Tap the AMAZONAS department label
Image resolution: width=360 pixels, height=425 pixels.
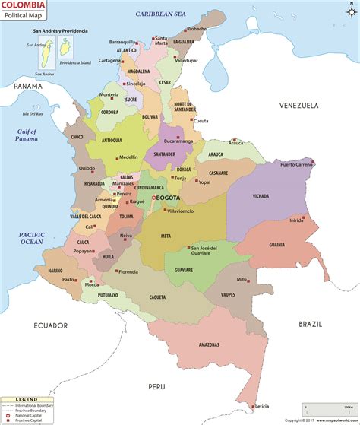[209, 344]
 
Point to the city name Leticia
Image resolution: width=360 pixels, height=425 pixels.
[261, 405]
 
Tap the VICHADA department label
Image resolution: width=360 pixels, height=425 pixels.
[261, 196]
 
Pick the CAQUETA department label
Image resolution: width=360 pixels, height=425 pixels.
[157, 297]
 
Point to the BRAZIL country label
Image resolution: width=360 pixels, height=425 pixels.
[310, 323]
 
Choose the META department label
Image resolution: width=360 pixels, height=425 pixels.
[166, 236]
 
